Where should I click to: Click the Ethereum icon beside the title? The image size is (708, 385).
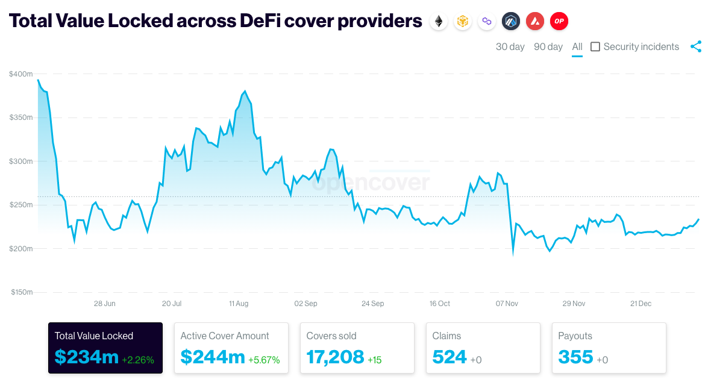tap(438, 22)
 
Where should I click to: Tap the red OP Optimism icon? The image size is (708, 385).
tap(559, 22)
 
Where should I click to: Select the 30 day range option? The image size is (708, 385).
tap(510, 47)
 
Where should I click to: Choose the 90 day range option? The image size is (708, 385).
tap(548, 47)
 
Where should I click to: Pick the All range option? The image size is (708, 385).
tap(577, 47)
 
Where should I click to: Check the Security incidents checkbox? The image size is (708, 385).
tap(595, 47)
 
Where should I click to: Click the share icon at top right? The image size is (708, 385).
tap(696, 46)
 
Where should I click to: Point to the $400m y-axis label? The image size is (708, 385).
tap(21, 74)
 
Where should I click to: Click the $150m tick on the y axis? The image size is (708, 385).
tap(21, 292)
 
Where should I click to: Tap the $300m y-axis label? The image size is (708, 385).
tap(21, 161)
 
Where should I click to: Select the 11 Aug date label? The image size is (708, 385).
tap(239, 304)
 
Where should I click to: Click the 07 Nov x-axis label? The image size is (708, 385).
tap(507, 304)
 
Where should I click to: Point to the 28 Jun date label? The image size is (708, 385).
tap(105, 304)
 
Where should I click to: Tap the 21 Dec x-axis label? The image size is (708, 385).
tap(641, 304)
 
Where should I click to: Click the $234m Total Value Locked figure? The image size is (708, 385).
tap(86, 357)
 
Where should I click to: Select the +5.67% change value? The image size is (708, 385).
tap(264, 360)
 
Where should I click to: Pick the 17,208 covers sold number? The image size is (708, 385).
tap(335, 357)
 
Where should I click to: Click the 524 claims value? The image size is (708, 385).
tap(450, 357)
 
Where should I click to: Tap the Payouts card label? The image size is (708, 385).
tap(575, 336)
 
